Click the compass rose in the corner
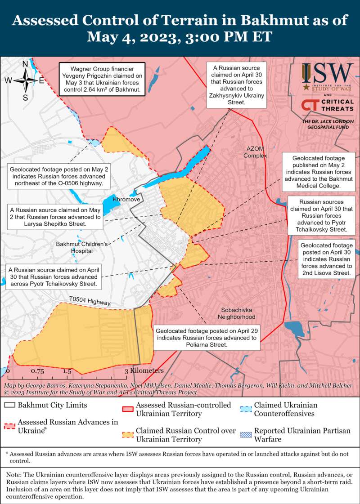coord(25,80)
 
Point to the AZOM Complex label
coord(255,152)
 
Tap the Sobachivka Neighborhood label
coord(238,313)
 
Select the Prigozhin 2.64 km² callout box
coord(101,79)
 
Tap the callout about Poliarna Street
coord(207,337)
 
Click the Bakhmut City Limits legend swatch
coord(9,405)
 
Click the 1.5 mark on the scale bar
coord(67,371)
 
